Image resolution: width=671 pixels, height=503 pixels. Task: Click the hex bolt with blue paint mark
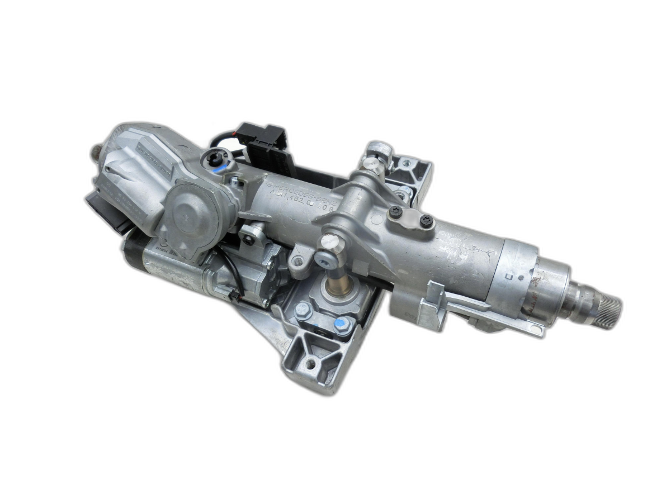point(341,325)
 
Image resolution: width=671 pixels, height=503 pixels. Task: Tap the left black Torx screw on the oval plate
point(396,212)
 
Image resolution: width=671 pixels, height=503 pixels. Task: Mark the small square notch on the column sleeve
point(508,277)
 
